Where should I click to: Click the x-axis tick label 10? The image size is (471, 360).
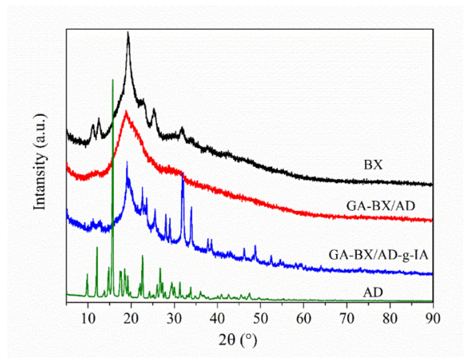pyautogui.click(x=88, y=317)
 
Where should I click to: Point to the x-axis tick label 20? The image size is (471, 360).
pyautogui.click(x=131, y=317)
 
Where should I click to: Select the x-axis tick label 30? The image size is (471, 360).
pyautogui.click(x=174, y=317)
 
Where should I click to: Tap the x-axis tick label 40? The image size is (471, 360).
pyautogui.click(x=217, y=317)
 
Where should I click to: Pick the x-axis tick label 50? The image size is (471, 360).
pyautogui.click(x=260, y=317)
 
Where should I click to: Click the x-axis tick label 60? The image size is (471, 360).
pyautogui.click(x=304, y=317)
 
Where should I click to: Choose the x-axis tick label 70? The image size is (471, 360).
pyautogui.click(x=347, y=317)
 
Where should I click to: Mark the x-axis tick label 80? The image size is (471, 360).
pyautogui.click(x=390, y=317)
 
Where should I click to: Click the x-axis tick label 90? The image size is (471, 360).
pyautogui.click(x=432, y=317)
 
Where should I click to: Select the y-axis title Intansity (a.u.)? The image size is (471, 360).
pyautogui.click(x=41, y=161)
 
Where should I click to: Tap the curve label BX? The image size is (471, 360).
pyautogui.click(x=373, y=165)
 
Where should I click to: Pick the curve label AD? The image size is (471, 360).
pyautogui.click(x=373, y=292)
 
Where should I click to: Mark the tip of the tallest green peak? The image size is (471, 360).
pyautogui.click(x=112, y=80)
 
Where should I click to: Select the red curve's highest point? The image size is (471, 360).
pyautogui.click(x=126, y=111)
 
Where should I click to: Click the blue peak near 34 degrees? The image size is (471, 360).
pyautogui.click(x=191, y=207)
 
